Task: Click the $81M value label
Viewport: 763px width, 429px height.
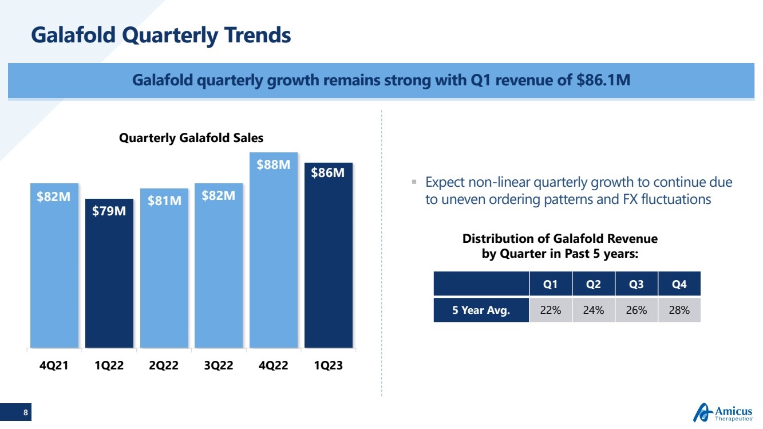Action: [164, 200]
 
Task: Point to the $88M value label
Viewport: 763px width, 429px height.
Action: [274, 165]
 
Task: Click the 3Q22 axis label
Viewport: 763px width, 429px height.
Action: [219, 366]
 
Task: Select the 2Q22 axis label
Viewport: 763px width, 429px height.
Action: [164, 366]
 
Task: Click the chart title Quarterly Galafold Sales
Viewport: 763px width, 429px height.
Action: [191, 137]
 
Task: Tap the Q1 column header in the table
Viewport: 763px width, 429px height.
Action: [551, 284]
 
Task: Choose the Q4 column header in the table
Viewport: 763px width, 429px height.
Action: [679, 284]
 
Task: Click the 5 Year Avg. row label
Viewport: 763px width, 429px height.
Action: [481, 310]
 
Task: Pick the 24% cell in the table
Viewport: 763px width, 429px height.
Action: [594, 310]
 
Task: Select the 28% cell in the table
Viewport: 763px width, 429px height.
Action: [679, 310]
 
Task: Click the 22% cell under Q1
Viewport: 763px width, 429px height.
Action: [551, 310]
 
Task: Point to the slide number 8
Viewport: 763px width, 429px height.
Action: [25, 412]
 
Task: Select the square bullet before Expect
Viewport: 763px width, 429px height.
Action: [413, 182]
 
